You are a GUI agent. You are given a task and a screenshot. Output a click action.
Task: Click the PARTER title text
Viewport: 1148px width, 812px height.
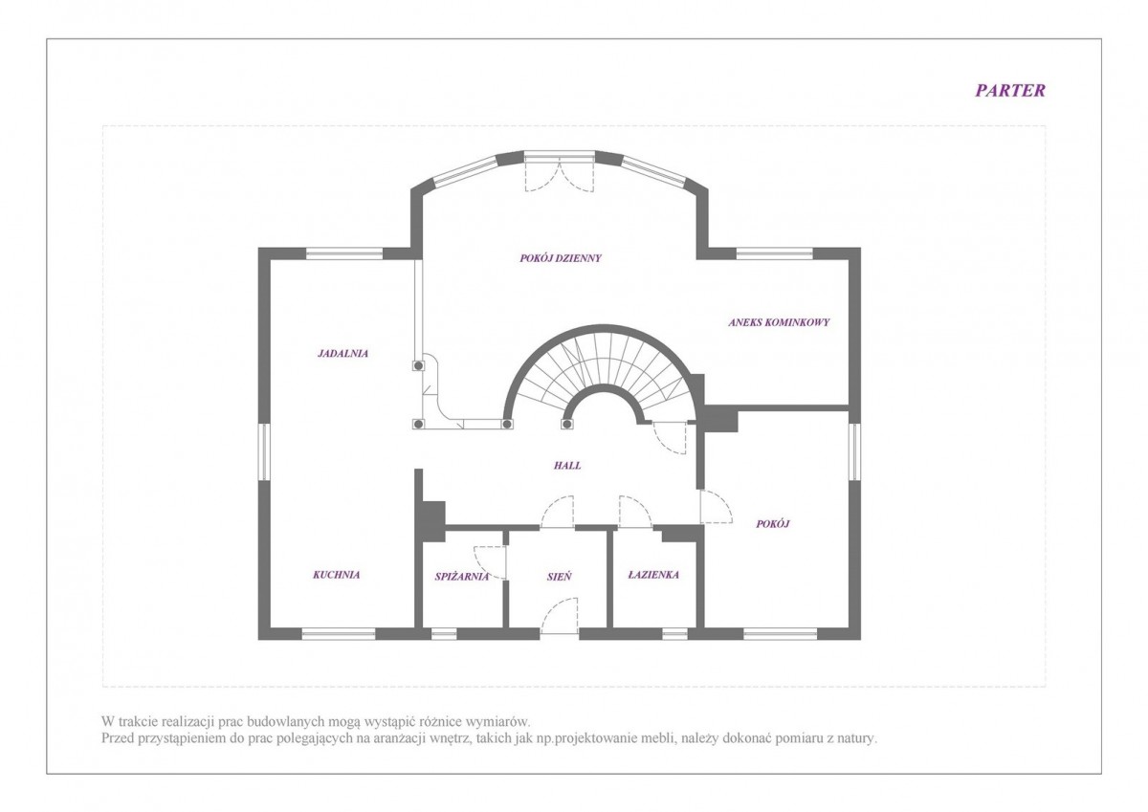[x=1009, y=90]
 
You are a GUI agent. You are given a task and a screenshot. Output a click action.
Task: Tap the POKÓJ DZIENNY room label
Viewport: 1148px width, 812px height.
[x=561, y=258]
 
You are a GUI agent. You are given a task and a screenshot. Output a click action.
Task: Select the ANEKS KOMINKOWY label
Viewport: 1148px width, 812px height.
[x=779, y=322]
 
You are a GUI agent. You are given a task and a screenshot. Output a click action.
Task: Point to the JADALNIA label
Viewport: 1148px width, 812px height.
[x=342, y=353]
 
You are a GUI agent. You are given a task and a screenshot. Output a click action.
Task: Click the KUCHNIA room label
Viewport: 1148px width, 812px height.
[x=336, y=575]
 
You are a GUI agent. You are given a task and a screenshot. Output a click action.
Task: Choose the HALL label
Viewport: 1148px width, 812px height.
[x=567, y=465]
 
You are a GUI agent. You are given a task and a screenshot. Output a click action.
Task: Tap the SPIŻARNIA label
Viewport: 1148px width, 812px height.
[x=462, y=577]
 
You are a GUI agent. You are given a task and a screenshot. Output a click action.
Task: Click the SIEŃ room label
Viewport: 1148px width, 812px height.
[x=559, y=577]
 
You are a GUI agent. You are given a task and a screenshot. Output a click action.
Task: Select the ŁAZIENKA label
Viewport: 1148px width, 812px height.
[x=653, y=575]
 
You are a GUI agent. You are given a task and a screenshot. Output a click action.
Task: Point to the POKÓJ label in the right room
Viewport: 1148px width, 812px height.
[x=773, y=523]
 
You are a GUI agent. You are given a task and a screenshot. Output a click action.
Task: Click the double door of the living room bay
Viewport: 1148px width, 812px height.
[x=559, y=172]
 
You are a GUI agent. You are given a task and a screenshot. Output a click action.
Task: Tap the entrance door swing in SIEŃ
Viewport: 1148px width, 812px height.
[x=560, y=615]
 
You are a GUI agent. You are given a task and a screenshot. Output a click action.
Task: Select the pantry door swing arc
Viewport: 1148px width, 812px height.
[x=490, y=562]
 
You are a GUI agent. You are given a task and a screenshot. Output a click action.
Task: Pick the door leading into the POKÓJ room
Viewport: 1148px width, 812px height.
[x=716, y=506]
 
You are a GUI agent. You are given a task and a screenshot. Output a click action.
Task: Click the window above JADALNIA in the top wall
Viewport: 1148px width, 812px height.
[x=344, y=253]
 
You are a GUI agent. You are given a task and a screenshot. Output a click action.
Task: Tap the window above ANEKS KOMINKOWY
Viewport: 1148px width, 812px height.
[x=774, y=253]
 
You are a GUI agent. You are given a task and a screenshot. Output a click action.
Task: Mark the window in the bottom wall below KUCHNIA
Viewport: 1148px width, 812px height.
[x=339, y=634]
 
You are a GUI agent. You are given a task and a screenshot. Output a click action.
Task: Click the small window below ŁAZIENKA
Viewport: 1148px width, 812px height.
[x=674, y=634]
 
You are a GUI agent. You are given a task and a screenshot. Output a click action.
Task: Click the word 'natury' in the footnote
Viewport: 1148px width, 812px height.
[x=860, y=738]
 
